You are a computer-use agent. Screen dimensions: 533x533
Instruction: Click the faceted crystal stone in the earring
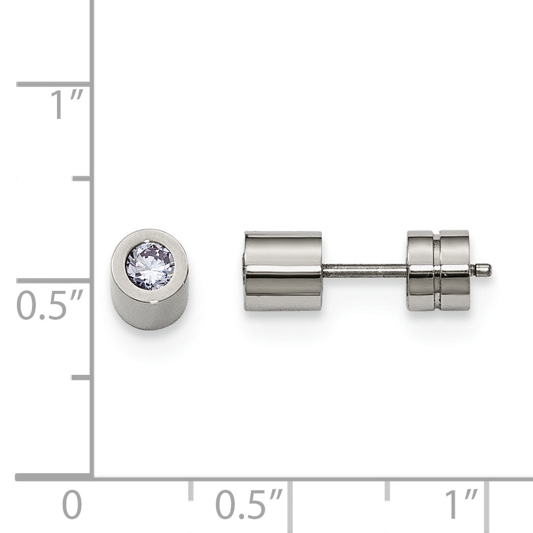150,266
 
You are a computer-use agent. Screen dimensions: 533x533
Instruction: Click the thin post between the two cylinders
365,270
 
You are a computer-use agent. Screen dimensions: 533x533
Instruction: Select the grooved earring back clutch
439,270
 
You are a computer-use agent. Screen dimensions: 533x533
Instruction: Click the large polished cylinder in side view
283,271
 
